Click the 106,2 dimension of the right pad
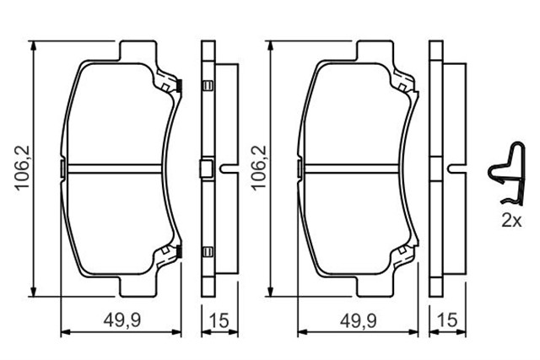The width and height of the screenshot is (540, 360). click(x=260, y=167)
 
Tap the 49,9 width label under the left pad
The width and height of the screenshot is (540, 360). click(x=122, y=320)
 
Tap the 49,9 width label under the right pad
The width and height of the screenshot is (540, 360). click(x=358, y=320)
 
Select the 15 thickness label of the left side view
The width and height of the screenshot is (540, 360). click(x=219, y=320)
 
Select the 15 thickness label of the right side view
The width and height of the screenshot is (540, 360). click(x=448, y=320)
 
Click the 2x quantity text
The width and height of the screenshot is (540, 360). click(x=512, y=221)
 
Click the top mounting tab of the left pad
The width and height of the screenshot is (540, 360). click(x=138, y=51)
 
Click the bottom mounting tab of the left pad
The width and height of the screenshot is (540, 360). click(x=138, y=286)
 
